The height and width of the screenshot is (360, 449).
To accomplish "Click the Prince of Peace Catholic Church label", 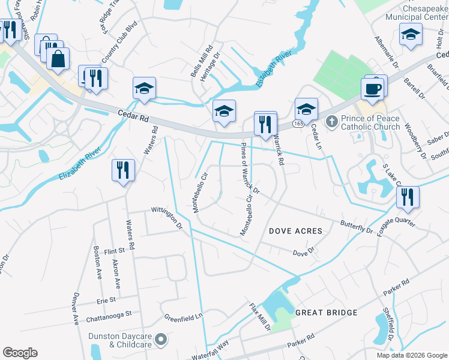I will [x=370, y=122].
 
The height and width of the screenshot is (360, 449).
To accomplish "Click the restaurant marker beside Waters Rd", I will [x=123, y=170].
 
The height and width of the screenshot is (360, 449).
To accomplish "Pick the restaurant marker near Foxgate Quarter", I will [x=408, y=197].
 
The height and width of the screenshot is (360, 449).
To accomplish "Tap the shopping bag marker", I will [x=58, y=60].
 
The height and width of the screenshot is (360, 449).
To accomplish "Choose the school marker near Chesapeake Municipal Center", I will [x=411, y=36].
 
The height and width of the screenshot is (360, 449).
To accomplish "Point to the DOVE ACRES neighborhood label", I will [x=295, y=231].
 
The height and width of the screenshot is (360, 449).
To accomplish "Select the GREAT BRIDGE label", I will [x=326, y=313].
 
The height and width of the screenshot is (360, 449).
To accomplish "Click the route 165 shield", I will [x=297, y=122].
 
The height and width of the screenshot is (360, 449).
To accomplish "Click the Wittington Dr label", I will [x=167, y=215].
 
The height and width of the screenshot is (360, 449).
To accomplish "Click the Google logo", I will [x=20, y=353].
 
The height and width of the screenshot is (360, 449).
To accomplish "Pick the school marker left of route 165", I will [x=224, y=112].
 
